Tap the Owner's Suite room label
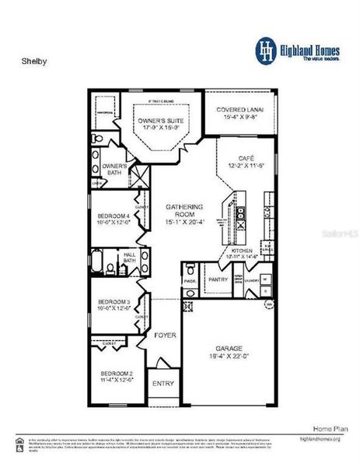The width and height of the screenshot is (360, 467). point(161,121)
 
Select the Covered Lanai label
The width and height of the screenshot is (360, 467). point(239,111)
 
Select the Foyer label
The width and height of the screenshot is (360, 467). point(165,335)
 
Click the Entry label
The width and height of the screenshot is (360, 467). point(163,383)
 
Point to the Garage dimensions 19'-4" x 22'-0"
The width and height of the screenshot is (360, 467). point(227,357)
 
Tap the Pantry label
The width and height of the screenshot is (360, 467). point(217,278)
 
